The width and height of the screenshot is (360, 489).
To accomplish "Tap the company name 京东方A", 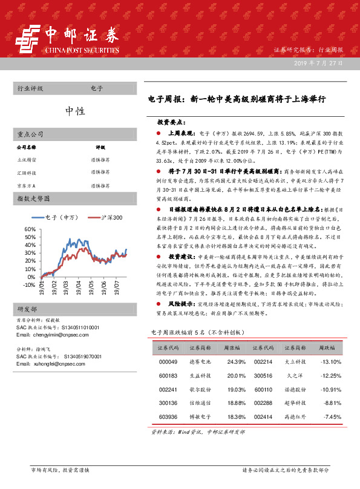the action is [26, 185].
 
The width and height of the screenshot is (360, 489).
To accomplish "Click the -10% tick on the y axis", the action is [28, 284].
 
